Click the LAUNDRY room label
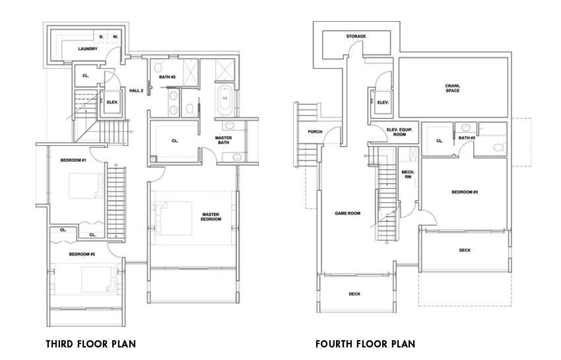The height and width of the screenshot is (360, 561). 88,49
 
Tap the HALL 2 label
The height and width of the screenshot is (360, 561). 137,90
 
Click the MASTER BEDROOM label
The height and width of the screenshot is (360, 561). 211,217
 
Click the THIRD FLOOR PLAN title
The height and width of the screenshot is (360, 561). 91,344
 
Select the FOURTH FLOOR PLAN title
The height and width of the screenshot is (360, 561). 365,344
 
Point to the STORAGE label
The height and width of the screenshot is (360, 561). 356,36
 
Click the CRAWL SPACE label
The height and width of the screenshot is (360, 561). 452,87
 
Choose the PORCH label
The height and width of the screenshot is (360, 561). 315,131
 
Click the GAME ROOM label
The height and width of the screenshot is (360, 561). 347,213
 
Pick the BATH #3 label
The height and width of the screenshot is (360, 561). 467,137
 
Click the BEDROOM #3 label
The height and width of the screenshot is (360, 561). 465,192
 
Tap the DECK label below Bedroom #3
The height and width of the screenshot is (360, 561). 465,250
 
